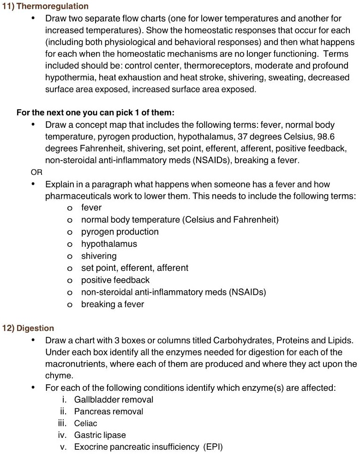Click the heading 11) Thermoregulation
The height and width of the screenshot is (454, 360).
(x=46, y=6)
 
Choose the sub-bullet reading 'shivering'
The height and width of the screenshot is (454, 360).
(x=99, y=256)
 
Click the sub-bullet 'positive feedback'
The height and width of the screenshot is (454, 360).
(x=115, y=280)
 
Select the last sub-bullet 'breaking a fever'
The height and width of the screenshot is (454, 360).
(x=113, y=304)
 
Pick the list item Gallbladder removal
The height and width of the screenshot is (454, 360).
(x=114, y=399)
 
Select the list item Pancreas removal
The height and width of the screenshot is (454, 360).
(x=108, y=411)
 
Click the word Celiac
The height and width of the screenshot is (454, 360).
(x=85, y=423)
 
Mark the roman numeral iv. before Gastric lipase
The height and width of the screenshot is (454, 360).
(x=63, y=435)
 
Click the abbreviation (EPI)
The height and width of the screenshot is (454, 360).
(x=212, y=447)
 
